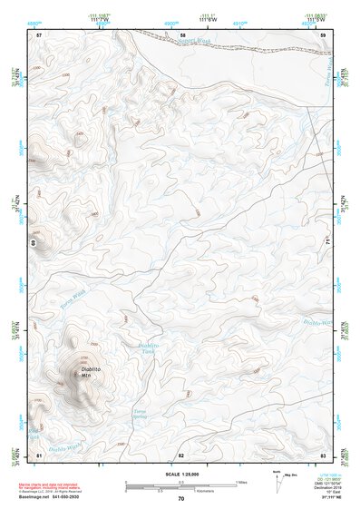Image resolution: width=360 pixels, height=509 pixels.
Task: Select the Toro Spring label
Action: click(140, 415)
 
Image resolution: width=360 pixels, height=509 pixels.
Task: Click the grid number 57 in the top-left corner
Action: click(39, 34)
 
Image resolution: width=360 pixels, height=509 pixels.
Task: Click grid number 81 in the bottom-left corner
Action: click(39, 454)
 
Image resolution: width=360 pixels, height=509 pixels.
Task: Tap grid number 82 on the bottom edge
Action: click(181, 454)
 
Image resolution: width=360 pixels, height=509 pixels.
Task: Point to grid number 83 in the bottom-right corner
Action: click(322, 454)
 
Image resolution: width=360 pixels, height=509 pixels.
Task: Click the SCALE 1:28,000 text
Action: click(180, 475)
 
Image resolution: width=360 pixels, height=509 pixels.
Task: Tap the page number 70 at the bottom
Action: click(180, 499)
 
